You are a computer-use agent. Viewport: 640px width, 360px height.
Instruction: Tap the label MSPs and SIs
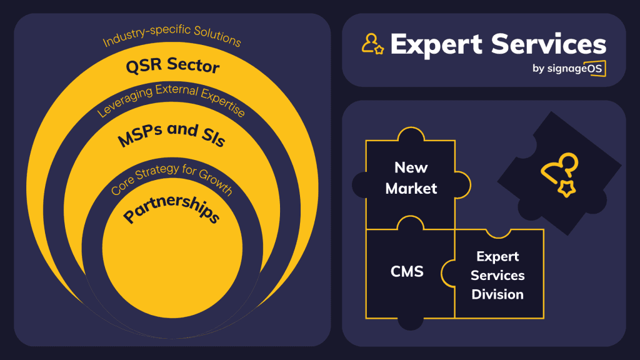pos(171,134)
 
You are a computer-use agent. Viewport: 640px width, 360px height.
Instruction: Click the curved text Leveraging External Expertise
pos(172,100)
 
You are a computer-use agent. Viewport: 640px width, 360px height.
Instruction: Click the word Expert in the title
pos(436,44)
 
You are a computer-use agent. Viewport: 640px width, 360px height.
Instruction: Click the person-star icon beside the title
pos(372,43)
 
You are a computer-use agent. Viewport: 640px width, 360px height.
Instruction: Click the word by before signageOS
pos(539,69)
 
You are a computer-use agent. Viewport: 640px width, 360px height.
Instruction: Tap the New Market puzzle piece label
pos(411,177)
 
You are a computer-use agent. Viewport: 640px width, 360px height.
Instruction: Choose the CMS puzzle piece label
pos(407,271)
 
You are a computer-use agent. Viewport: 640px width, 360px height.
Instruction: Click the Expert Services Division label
pos(497,275)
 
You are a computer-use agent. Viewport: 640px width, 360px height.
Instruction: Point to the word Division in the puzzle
pos(497,294)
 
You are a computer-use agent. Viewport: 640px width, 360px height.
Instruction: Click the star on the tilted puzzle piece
pos(566,188)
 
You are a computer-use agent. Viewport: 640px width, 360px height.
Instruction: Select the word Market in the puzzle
pos(411,188)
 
